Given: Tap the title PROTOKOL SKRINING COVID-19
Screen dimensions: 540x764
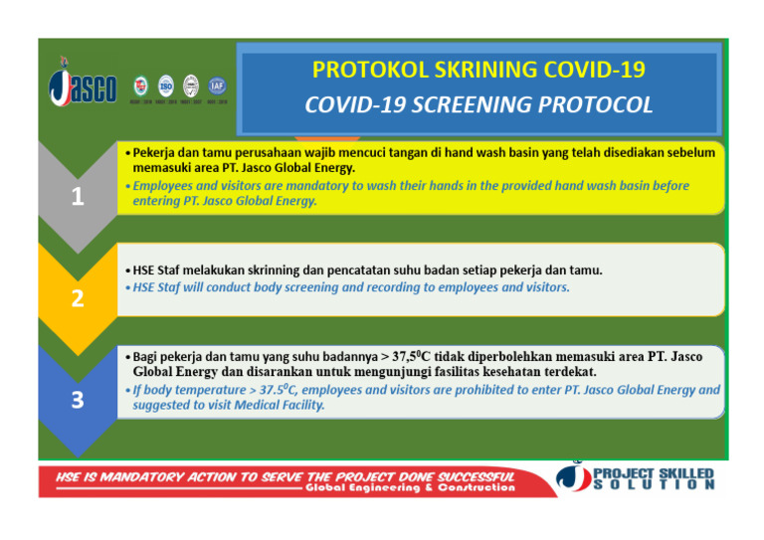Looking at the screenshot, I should [477, 71].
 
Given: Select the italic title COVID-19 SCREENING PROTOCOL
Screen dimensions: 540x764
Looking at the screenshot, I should [477, 104].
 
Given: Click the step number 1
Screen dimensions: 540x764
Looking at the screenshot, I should [77, 197].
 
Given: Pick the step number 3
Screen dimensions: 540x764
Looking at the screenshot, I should [77, 400].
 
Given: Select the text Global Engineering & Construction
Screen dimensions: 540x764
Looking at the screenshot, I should [410, 488].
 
